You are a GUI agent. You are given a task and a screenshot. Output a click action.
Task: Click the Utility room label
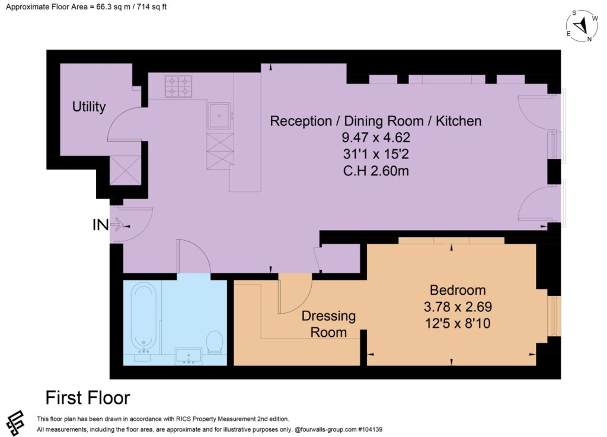[89, 107]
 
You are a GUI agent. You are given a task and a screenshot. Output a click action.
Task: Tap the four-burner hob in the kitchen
[178, 87]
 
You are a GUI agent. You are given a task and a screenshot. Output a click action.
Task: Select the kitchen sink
[219, 116]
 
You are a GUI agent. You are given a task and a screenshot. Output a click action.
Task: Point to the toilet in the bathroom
[215, 342]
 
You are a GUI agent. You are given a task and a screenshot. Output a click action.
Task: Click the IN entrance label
[100, 225]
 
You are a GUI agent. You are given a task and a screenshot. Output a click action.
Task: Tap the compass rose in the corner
[582, 25]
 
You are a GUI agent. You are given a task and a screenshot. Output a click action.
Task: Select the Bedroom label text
[458, 290]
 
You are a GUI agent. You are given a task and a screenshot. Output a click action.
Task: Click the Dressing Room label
[328, 324]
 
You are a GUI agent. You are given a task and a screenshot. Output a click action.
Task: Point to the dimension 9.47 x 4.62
[375, 138]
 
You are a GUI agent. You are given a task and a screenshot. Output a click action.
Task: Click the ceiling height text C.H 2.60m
[376, 171]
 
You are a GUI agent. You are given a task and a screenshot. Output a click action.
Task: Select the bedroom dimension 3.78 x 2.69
[458, 307]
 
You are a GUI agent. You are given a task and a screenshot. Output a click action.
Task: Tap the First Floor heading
[88, 397]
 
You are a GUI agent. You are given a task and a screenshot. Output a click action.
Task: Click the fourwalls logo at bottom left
[15, 423]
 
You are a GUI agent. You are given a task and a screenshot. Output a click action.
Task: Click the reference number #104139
[370, 429]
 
